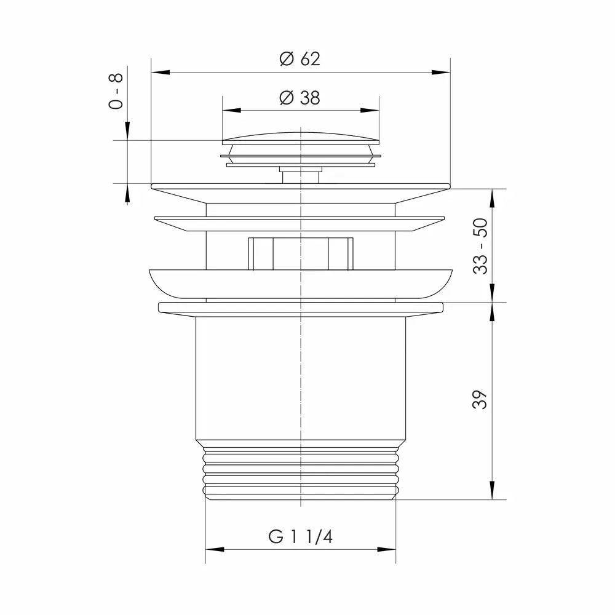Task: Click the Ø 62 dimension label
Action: click(x=300, y=59)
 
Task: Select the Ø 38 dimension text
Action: click(x=300, y=98)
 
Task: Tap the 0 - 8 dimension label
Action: click(x=116, y=91)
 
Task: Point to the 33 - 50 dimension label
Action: click(x=480, y=247)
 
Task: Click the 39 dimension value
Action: click(x=480, y=400)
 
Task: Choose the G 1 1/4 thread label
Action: click(x=301, y=536)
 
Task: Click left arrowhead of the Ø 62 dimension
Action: click(x=161, y=72)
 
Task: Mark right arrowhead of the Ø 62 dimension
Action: click(x=441, y=72)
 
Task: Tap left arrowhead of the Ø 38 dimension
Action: click(x=231, y=110)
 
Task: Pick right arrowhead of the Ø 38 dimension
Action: click(x=370, y=110)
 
